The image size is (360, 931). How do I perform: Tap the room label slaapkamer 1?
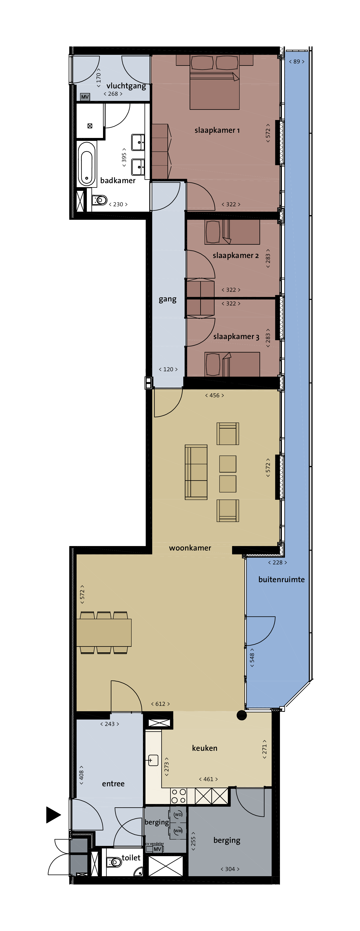point(217,130)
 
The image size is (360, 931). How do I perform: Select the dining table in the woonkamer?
point(104,633)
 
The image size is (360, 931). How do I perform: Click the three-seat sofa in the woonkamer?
point(196,472)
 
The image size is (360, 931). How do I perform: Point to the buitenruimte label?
point(281,580)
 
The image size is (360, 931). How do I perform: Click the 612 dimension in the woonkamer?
point(160,704)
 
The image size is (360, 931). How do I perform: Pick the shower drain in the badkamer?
point(90,126)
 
